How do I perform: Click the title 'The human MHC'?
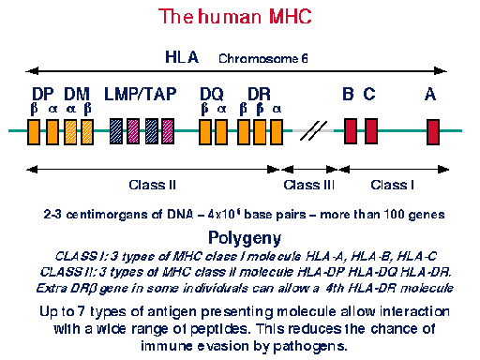tap(235, 16)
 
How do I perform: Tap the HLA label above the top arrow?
tap(182, 57)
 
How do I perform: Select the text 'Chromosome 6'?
tap(263, 59)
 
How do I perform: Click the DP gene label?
tap(43, 94)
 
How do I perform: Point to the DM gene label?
tap(77, 94)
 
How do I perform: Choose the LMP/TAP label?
tap(141, 94)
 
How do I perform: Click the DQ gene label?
tap(212, 95)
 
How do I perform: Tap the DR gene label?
tap(259, 94)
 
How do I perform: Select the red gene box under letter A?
tap(433, 132)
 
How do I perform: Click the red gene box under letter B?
tap(351, 131)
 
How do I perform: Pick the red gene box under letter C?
tap(371, 131)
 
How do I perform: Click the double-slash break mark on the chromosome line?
tap(313, 131)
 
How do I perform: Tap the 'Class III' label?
tap(309, 185)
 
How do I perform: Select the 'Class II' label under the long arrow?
tap(152, 185)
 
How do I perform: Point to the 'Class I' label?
tap(393, 185)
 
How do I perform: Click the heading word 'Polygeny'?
tap(245, 239)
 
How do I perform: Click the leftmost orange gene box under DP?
tap(34, 132)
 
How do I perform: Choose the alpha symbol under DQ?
tap(222, 109)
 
